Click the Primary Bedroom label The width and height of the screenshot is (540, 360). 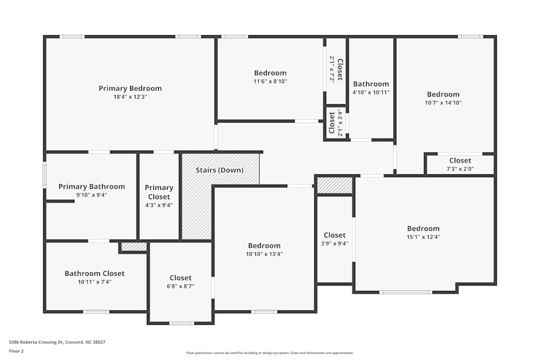[130, 89]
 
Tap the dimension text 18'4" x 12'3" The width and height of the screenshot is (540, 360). [130, 97]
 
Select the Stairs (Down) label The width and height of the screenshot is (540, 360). [219, 170]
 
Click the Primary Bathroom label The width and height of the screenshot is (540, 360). [91, 187]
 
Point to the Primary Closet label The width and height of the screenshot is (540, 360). [159, 192]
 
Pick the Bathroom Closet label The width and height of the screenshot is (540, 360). [94, 274]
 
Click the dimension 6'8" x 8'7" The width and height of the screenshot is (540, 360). [180, 287]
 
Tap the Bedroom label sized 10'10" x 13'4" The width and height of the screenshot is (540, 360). [264, 246]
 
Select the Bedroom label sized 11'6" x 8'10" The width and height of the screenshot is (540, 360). [270, 73]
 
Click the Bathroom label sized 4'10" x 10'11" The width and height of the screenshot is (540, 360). [370, 84]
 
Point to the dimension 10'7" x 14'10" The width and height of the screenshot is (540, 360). [443, 103]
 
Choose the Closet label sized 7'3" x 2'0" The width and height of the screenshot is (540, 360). [460, 160]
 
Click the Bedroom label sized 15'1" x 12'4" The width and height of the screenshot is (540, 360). [423, 228]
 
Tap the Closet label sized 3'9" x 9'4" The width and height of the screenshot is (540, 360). [334, 235]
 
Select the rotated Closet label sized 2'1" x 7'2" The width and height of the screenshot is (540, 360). [340, 70]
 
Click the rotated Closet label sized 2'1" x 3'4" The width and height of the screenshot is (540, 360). [332, 123]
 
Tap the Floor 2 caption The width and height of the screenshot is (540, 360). [16, 351]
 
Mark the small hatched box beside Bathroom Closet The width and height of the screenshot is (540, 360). [133, 247]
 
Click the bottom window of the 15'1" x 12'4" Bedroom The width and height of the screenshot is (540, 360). [406, 292]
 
